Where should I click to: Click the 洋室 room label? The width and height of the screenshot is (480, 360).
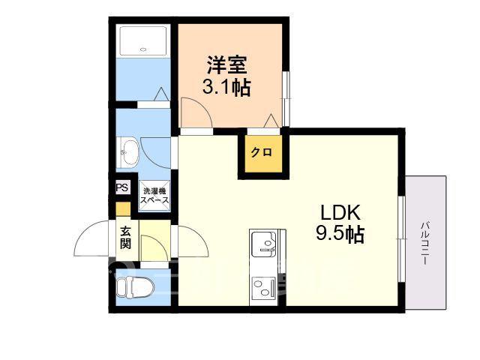(x=226, y=64)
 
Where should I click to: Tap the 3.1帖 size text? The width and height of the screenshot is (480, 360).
(x=226, y=87)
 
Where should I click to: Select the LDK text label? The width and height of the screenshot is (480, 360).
(x=340, y=212)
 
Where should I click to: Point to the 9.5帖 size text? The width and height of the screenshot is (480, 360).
(x=340, y=234)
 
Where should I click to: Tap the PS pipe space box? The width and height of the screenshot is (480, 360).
(x=123, y=187)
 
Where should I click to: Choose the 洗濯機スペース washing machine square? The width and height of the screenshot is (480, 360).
(x=154, y=196)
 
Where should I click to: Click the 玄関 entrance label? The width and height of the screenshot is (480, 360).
(x=125, y=238)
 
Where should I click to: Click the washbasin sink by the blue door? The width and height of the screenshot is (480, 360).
(x=127, y=152)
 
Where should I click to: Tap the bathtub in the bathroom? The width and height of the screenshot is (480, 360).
(x=143, y=41)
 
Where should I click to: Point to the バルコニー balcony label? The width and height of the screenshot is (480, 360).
(x=424, y=243)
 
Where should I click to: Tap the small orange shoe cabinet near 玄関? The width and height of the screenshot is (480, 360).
(x=123, y=210)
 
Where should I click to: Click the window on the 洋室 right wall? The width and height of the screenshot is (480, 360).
(x=286, y=99)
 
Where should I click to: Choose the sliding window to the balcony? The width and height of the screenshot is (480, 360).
(x=402, y=238)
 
